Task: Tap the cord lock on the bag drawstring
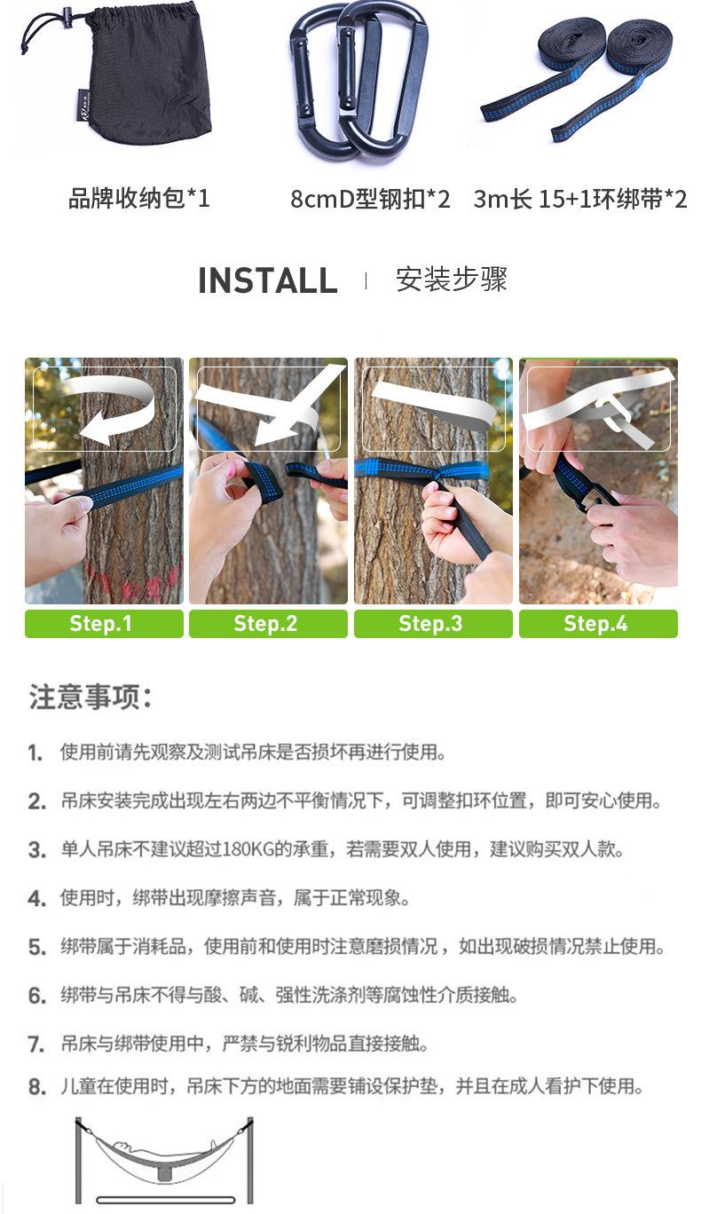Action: click(x=67, y=14)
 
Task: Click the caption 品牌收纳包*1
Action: click(x=138, y=199)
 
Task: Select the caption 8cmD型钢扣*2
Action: click(x=370, y=200)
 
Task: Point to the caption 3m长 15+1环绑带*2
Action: click(x=580, y=200)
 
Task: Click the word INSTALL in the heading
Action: click(x=268, y=280)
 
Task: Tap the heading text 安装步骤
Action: click(x=452, y=280)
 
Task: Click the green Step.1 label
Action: click(x=104, y=624)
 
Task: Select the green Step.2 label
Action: click(x=268, y=624)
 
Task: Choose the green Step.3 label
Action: click(x=433, y=624)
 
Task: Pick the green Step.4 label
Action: click(x=598, y=624)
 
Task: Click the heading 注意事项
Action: click(x=91, y=697)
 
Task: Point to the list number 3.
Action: click(x=37, y=850)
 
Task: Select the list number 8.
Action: click(x=37, y=1086)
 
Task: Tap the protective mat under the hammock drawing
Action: click(x=165, y=1200)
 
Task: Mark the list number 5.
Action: click(x=37, y=948)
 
